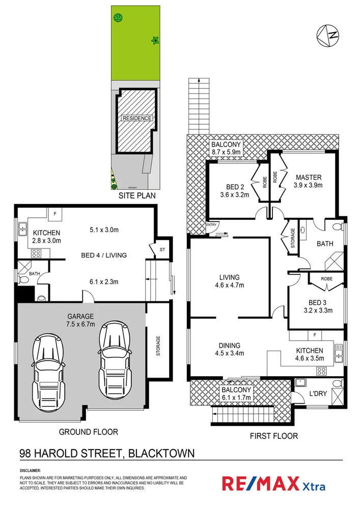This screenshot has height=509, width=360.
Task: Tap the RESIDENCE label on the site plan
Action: click(x=136, y=118)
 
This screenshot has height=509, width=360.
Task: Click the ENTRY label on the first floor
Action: click(x=211, y=224)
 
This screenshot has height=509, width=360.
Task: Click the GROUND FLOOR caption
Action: click(x=89, y=432)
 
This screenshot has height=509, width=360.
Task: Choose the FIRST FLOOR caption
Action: click(x=274, y=436)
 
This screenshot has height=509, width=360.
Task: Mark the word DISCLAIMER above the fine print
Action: click(x=30, y=471)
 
